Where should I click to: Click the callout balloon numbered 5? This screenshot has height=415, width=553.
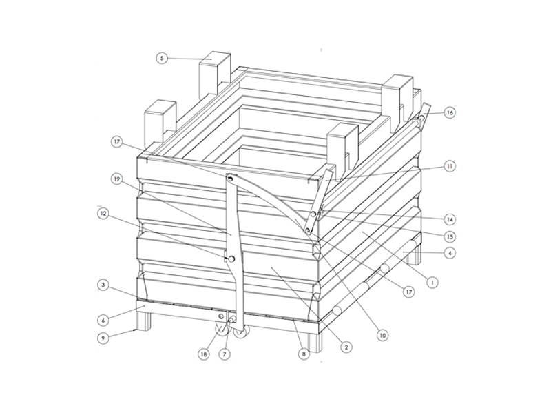162,58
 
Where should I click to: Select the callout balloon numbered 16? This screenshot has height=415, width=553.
449,112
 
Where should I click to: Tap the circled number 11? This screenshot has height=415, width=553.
449,166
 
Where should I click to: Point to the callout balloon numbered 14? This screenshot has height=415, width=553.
449,219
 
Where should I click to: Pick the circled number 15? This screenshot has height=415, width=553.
450,236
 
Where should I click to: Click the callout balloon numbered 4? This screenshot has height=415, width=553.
449,253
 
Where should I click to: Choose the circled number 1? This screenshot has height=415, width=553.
432,283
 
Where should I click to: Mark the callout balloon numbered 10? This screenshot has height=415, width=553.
382,335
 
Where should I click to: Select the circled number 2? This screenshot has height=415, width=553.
346,347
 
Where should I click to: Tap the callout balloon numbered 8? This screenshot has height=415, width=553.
304,354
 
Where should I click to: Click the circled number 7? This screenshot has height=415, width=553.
225,354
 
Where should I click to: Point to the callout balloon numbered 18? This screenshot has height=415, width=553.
203,354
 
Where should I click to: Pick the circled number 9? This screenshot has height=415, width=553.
103,338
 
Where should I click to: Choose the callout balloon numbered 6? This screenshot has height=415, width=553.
103,320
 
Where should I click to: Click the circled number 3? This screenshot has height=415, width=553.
103,285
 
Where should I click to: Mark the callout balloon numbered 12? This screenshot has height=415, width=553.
103,214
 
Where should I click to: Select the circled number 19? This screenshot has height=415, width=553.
117,179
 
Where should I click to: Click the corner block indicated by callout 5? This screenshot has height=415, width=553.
214,75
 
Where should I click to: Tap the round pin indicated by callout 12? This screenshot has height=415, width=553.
231,259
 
